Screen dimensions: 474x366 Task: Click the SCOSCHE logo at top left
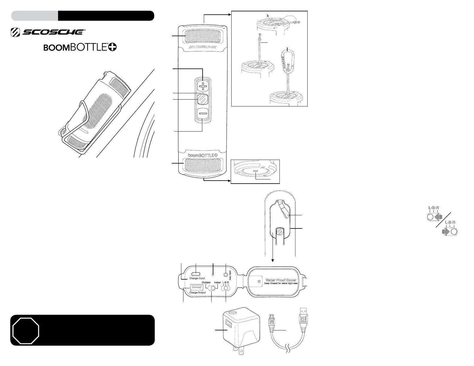pyautogui.click(x=48, y=32)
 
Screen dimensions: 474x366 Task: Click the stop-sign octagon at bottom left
pyautogui.click(x=26, y=330)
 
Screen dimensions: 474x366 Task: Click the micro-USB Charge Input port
pyautogui.click(x=196, y=273)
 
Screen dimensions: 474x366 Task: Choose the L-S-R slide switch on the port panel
pyautogui.click(x=225, y=288)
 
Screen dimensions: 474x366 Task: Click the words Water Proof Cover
pyautogui.click(x=281, y=280)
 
